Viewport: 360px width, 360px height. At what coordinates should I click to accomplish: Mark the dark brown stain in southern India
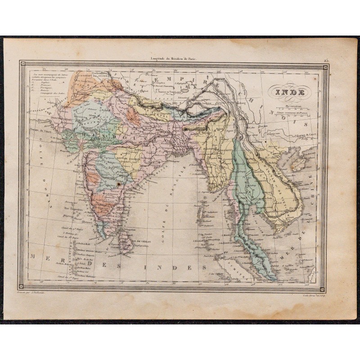click(x=118, y=185)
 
